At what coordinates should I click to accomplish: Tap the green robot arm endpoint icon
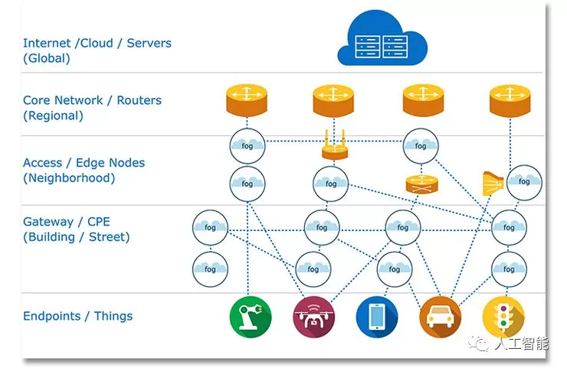250,317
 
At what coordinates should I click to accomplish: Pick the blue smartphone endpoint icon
376,317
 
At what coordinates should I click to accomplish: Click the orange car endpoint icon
440,317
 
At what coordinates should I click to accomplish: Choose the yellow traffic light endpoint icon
503,317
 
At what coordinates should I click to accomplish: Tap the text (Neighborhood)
69,178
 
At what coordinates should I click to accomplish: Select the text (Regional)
53,116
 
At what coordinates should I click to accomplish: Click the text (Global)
47,58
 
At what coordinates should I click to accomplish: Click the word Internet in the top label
48,44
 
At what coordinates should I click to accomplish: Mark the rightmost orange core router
510,100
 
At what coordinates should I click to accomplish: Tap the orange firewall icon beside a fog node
492,182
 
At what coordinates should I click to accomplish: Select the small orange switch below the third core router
420,184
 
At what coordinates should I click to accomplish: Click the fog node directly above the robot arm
209,268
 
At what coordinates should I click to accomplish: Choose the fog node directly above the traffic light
509,268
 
